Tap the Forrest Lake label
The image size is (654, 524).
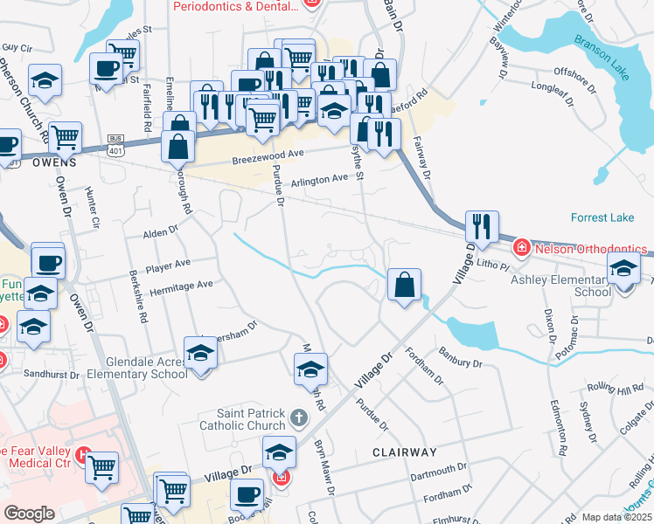599,217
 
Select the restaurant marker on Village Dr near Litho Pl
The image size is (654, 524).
482,228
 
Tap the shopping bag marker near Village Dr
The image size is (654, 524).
405,286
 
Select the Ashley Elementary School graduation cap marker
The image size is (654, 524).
623,268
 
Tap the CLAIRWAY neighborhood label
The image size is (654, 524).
404,452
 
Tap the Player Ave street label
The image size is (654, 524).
168,262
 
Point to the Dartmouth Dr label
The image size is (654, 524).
438,470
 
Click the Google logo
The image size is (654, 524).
29,514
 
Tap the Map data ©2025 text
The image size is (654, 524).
616,517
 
